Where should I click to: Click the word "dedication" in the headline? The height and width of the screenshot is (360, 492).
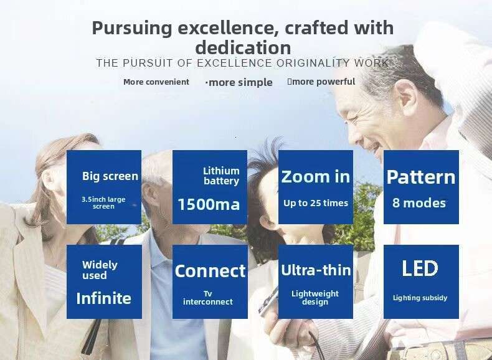(x=243, y=48)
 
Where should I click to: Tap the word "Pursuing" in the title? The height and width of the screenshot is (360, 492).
(x=132, y=28)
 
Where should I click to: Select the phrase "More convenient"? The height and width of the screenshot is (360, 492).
(x=156, y=82)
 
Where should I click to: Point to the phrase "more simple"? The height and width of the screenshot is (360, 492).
(x=240, y=83)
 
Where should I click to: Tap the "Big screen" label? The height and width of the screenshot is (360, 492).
(x=110, y=176)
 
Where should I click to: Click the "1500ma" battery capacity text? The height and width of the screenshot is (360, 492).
(x=209, y=204)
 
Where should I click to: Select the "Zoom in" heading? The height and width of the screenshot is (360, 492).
(x=315, y=176)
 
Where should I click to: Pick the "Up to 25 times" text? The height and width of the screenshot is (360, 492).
(x=316, y=203)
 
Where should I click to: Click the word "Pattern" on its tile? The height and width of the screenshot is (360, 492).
(x=421, y=178)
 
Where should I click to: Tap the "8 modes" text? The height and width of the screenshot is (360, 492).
(x=419, y=203)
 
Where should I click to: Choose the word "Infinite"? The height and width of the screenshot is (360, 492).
(x=104, y=298)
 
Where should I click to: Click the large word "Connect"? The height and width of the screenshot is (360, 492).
(x=210, y=271)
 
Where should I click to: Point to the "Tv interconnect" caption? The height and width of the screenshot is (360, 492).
(x=208, y=298)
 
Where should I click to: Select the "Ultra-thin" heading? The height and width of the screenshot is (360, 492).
(x=316, y=270)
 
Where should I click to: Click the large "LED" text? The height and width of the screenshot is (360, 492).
(x=420, y=268)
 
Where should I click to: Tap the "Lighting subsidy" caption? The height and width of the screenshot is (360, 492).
(x=420, y=298)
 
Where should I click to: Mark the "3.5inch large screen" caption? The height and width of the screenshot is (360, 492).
(x=103, y=203)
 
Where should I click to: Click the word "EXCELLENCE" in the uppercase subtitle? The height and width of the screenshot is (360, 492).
(x=234, y=63)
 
